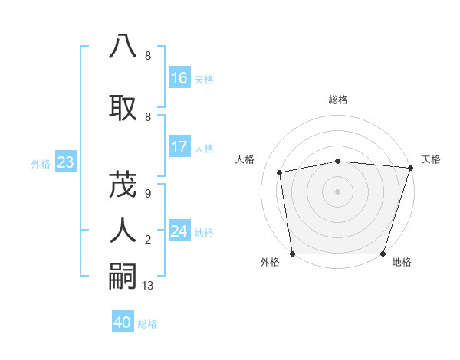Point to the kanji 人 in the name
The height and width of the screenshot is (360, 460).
[x=123, y=228]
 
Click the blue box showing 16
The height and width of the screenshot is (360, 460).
[x=179, y=78]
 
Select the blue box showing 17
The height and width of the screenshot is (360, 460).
[x=179, y=147]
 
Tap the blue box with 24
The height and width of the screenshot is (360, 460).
[x=179, y=231]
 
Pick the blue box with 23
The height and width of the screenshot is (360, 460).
[x=65, y=162]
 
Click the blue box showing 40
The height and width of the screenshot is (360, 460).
[x=123, y=322]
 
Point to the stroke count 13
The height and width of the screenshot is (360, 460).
[x=149, y=286]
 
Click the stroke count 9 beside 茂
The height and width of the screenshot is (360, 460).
[x=147, y=194]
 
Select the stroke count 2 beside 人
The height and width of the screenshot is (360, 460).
[x=147, y=240]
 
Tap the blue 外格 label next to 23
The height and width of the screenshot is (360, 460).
[x=41, y=163]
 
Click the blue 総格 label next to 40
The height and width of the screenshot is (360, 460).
[x=147, y=324]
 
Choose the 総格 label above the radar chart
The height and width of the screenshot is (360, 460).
[x=338, y=100]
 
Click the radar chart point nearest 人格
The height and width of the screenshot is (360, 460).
[x=280, y=172]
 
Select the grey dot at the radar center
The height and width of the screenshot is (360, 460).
[x=337, y=191]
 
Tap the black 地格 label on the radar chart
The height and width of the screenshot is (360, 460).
[x=401, y=262]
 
